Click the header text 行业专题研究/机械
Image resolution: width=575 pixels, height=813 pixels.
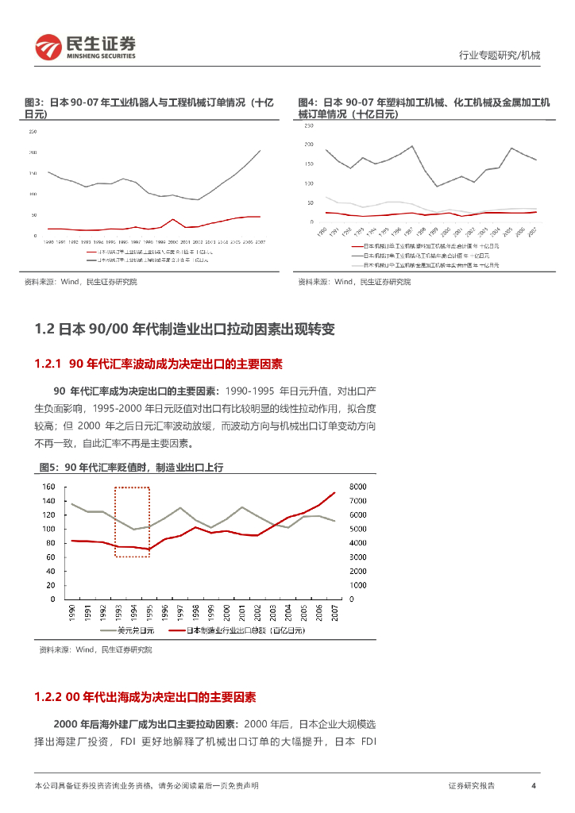click(500, 55)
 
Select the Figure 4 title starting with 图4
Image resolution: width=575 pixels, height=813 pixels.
click(423, 109)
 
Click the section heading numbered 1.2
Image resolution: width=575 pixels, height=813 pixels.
click(185, 329)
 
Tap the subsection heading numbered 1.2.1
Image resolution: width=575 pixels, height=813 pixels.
click(159, 364)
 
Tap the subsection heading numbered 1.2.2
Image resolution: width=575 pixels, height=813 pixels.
click(145, 697)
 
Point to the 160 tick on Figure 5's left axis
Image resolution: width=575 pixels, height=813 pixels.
click(48, 487)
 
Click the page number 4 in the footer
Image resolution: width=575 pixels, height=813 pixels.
click(534, 786)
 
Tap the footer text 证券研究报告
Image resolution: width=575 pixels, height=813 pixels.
click(471, 786)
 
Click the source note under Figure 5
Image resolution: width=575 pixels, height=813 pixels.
click(95, 649)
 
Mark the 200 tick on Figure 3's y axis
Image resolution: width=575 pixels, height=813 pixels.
click(33, 152)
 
